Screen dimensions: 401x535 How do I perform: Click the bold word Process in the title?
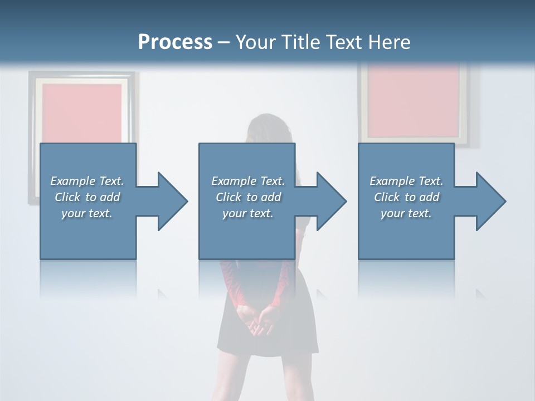point(175,42)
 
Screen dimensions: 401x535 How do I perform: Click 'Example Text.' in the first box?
point(87,181)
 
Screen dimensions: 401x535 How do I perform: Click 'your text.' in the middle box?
point(247,213)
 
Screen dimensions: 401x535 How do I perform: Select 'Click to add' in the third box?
point(406,197)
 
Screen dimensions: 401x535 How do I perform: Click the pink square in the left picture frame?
point(82,112)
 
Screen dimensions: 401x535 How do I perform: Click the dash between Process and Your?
point(224,43)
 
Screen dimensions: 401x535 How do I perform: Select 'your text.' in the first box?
point(87,213)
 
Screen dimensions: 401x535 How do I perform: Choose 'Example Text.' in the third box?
point(406,181)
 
